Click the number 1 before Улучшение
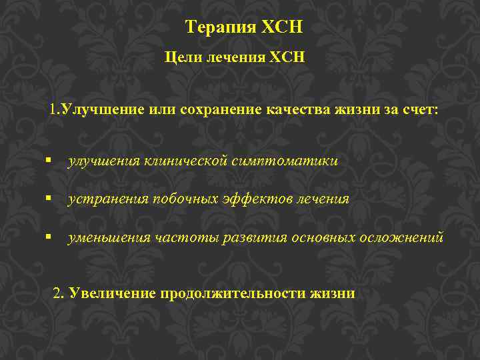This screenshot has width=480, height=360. point(53,109)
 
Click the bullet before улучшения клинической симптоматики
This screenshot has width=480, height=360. point(49,161)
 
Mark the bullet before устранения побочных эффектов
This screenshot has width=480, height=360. point(49,199)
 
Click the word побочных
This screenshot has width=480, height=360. point(181,199)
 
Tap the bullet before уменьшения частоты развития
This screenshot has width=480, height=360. point(49,237)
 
